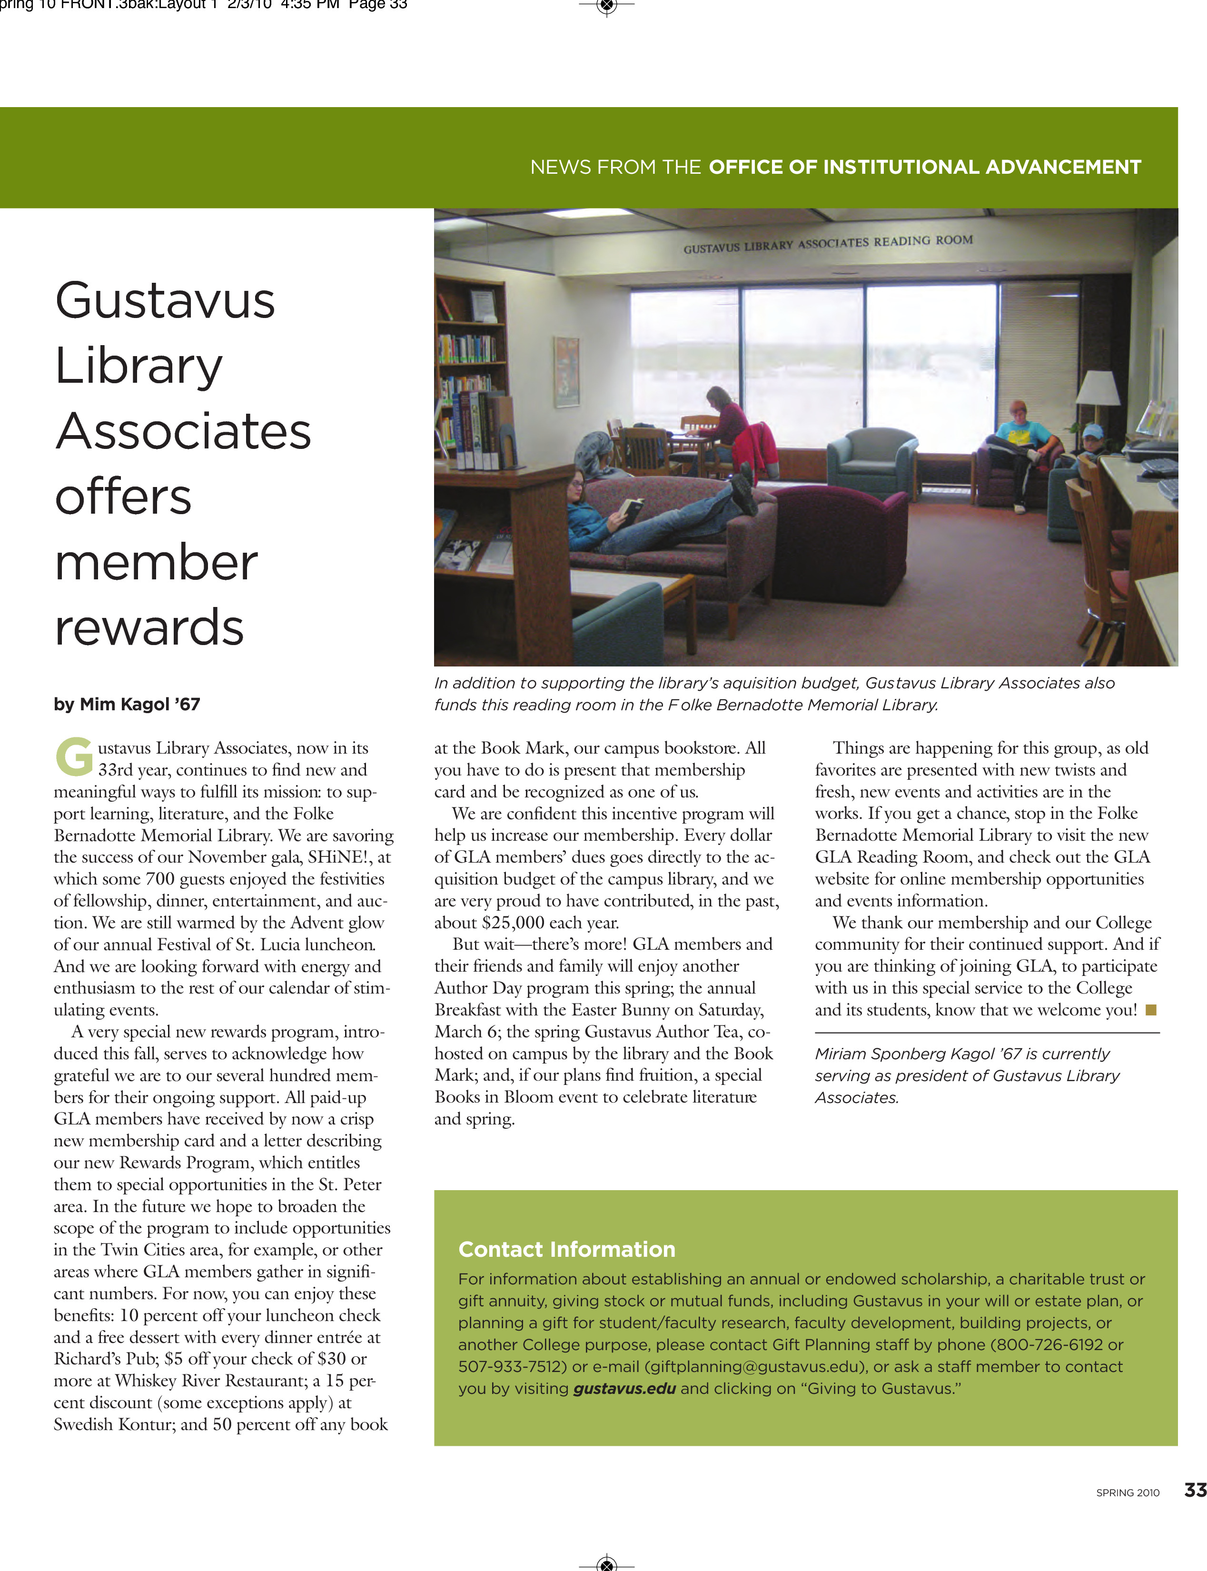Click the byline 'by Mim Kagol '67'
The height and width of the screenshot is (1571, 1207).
pyautogui.click(x=127, y=704)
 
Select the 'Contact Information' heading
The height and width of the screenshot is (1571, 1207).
pyautogui.click(x=566, y=1249)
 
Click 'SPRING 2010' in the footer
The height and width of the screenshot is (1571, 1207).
pyautogui.click(x=1127, y=1492)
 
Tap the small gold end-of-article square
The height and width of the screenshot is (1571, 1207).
pyautogui.click(x=1150, y=1010)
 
